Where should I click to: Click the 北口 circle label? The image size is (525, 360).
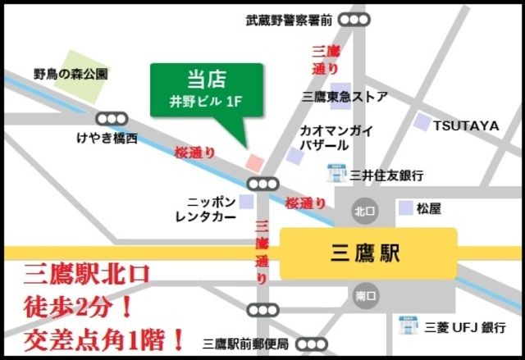pos(364,211)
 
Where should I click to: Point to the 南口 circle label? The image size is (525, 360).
pos(364,296)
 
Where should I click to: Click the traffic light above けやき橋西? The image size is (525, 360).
pos(112,120)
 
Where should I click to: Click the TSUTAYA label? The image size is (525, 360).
pos(466,125)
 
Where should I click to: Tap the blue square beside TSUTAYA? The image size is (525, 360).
pos(422,123)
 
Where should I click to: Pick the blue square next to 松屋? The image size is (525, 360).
pos(405,208)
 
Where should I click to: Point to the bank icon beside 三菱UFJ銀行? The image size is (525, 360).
pos(407,326)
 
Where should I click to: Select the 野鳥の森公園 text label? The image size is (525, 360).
pos(71,73)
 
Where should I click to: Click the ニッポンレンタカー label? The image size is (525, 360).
pos(206,209)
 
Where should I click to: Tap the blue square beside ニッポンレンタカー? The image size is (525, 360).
pos(246,202)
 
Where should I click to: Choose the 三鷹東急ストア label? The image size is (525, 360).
pos(345,96)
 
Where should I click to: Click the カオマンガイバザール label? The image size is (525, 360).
pos(337,138)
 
